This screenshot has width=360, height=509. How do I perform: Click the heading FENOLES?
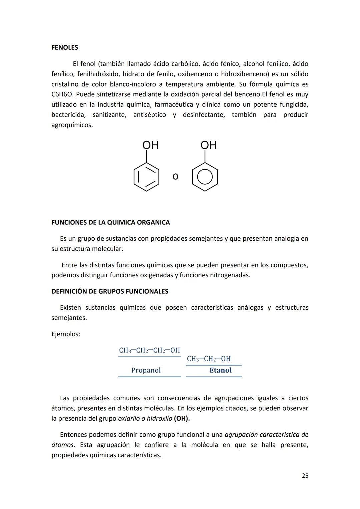[65, 48]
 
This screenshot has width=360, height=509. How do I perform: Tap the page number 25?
[305, 476]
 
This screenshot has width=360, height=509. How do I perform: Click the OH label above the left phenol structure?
[150, 145]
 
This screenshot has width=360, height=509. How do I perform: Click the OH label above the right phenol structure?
[208, 145]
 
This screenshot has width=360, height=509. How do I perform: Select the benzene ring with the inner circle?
[205, 177]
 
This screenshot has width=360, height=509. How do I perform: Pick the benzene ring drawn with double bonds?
[146, 177]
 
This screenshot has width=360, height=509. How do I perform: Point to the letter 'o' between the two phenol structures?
[175, 176]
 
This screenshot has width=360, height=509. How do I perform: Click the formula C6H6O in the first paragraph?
[62, 94]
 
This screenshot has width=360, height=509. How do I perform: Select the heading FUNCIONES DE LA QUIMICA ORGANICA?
[110, 222]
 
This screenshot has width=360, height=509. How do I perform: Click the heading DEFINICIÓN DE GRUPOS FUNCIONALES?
[110, 291]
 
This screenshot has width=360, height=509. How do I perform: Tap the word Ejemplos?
[66, 334]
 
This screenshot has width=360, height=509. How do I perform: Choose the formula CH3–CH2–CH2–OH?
[149, 350]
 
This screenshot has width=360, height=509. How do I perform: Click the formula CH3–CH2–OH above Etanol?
[209, 359]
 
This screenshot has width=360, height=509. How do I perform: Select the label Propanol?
[146, 370]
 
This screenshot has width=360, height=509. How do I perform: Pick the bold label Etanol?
[220, 370]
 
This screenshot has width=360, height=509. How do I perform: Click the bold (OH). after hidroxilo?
[182, 419]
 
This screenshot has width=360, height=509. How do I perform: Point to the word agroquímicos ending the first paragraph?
[72, 125]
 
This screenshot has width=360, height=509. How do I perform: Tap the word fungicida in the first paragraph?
[294, 105]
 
